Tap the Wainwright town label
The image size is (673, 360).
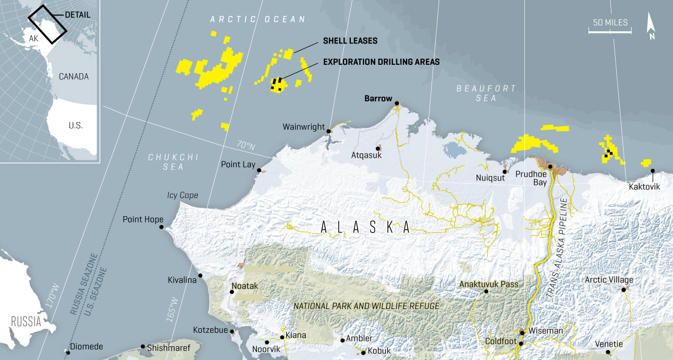point(303,127)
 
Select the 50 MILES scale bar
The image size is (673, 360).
point(610,31)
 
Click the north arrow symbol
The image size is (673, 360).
point(651,27)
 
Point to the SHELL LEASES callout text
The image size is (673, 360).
point(350,41)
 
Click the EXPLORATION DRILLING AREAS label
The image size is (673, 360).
point(381,62)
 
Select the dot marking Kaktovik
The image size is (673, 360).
point(652,171)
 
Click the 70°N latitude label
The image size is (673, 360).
point(246,145)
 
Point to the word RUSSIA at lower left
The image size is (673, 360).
point(26,322)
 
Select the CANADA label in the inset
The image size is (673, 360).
point(74,76)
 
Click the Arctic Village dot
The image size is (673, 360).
point(624,289)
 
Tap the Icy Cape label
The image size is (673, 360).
point(183,195)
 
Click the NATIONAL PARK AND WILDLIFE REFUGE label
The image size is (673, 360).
point(367,306)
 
